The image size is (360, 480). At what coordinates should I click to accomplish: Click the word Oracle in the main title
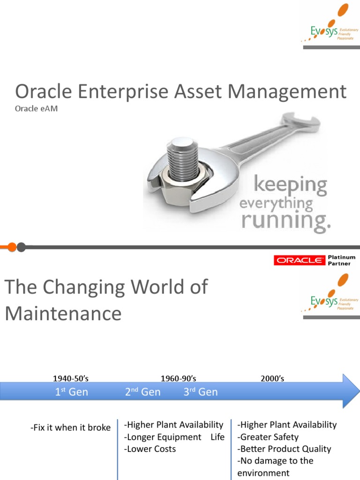pyautogui.click(x=41, y=91)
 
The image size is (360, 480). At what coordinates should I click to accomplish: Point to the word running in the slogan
pyautogui.click(x=285, y=220)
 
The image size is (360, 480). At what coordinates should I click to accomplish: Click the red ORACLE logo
pyautogui.click(x=300, y=261)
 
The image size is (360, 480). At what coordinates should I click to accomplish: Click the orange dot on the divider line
pyautogui.click(x=12, y=247)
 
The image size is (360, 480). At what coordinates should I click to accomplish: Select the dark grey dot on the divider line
pyautogui.click(x=21, y=247)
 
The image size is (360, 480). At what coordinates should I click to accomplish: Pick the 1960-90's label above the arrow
pyautogui.click(x=178, y=379)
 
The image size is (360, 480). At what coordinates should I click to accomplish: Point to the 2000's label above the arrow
pyautogui.click(x=272, y=379)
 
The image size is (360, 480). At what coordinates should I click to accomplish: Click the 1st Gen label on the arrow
pyautogui.click(x=71, y=392)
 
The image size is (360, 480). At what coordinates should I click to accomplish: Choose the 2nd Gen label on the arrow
pyautogui.click(x=142, y=392)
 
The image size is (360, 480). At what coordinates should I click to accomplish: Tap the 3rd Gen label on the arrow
pyautogui.click(x=200, y=392)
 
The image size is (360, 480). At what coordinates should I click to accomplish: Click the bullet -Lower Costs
pyautogui.click(x=150, y=449)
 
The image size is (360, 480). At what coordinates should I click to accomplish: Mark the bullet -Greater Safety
pyautogui.click(x=268, y=437)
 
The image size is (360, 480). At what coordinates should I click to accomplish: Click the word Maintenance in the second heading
pyautogui.click(x=63, y=313)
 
